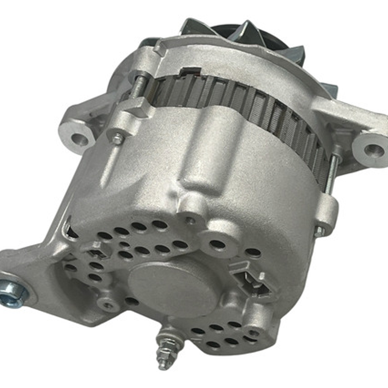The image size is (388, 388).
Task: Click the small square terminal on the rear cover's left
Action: point(96,248)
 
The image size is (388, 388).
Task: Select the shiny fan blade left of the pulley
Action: point(196,27)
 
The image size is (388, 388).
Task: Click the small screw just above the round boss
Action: point(190,220)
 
